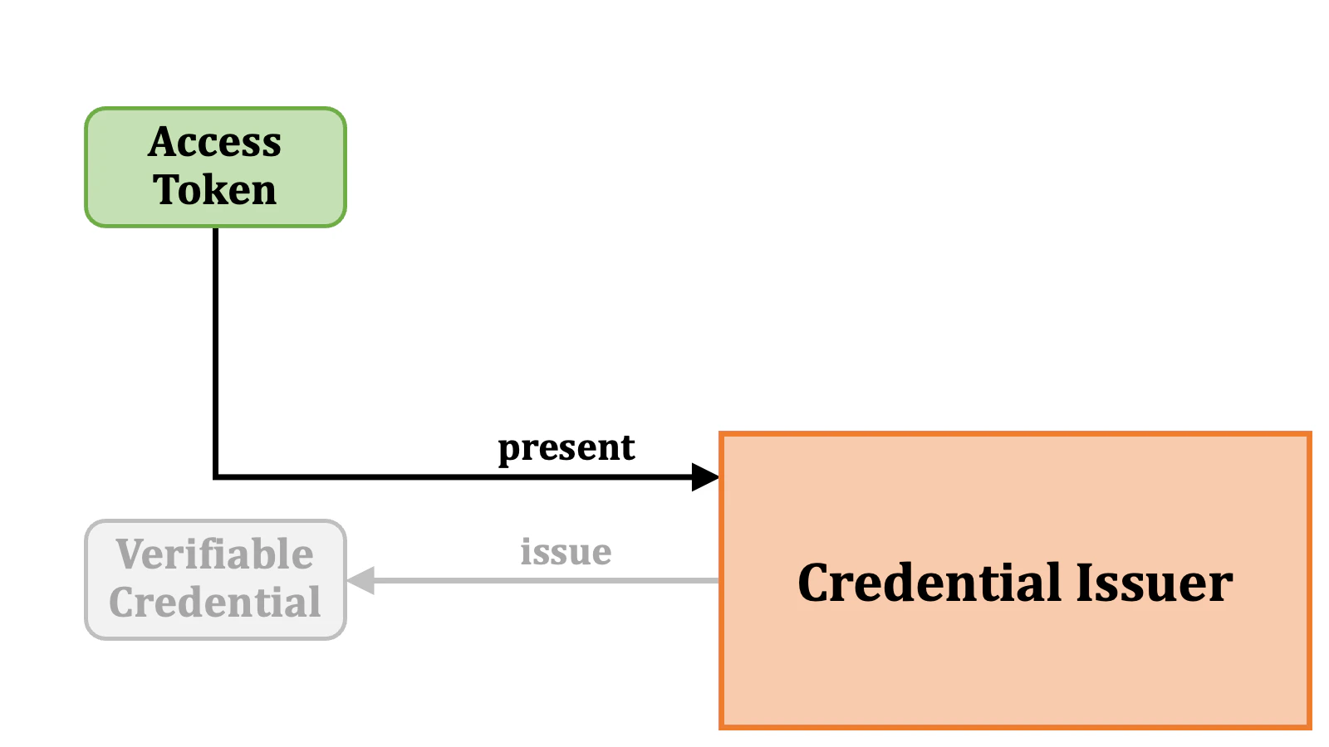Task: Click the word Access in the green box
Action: pos(215,142)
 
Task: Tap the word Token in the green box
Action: pos(215,190)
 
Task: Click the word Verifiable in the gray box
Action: pos(215,554)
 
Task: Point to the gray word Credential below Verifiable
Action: pos(215,603)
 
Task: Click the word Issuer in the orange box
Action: pos(1154,583)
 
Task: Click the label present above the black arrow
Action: pos(566,448)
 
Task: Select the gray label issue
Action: pos(566,552)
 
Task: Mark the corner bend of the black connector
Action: pos(216,476)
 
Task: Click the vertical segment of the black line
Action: pos(216,349)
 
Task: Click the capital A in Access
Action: pos(164,142)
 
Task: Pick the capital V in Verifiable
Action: pos(131,554)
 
